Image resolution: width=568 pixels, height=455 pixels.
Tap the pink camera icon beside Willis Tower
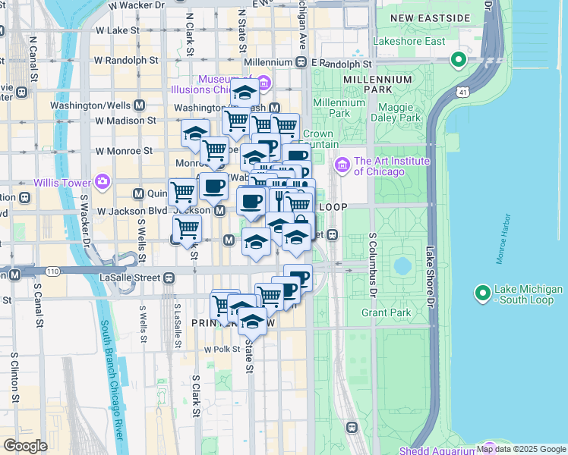pyautogui.click(x=102, y=182)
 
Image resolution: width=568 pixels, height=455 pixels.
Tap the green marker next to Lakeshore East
pyautogui.click(x=458, y=58)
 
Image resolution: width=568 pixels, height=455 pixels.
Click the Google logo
pyautogui.click(x=25, y=446)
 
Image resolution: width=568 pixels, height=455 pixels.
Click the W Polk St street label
pyautogui.click(x=222, y=350)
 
